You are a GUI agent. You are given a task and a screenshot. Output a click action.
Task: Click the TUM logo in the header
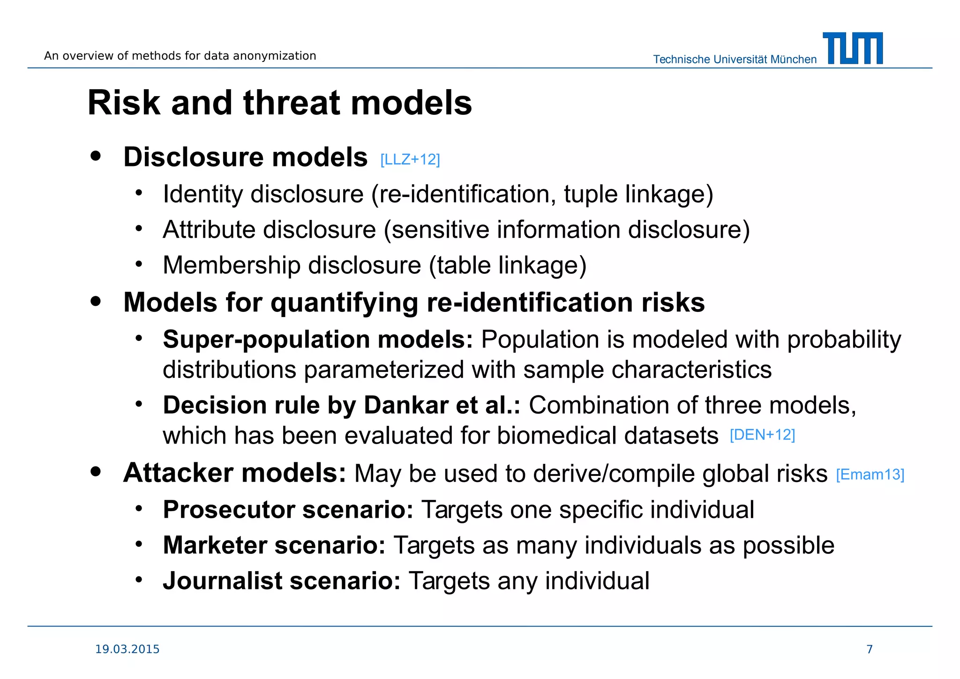(x=853, y=48)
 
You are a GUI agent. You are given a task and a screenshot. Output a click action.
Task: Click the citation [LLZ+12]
(x=410, y=160)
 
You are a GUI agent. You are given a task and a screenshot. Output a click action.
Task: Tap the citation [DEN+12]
(x=762, y=435)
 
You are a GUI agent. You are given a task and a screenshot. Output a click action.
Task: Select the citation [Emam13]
(x=870, y=475)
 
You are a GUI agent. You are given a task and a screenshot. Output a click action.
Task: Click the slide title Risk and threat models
(x=280, y=103)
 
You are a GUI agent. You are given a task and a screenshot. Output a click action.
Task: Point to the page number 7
(x=870, y=649)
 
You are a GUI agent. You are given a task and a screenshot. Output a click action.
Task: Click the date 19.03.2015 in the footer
(x=127, y=649)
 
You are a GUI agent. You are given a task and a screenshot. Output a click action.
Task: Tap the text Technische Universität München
(x=735, y=60)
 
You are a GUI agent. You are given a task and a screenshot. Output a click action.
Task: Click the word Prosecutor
(x=229, y=510)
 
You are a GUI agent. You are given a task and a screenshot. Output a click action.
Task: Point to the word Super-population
(x=266, y=339)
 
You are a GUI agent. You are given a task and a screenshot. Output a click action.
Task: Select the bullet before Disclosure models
(x=96, y=156)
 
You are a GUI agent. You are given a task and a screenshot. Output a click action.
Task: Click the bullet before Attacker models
(x=96, y=472)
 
